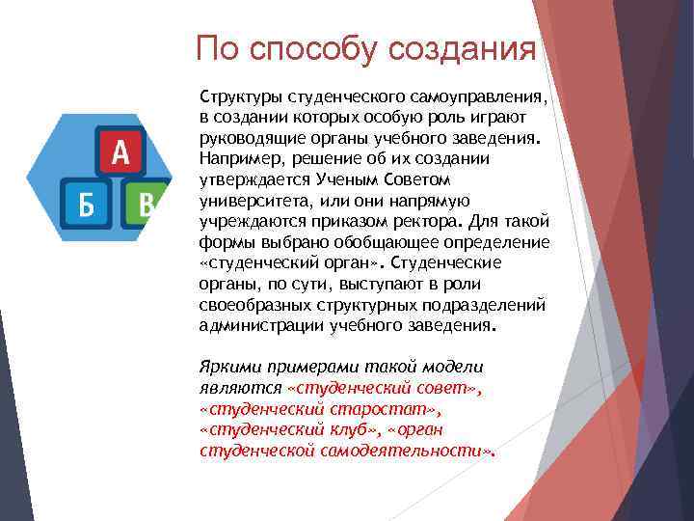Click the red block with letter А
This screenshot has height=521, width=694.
point(120,151)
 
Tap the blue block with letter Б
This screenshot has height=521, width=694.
point(87,204)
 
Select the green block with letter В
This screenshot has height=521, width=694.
point(144,204)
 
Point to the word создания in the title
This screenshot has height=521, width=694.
point(472,48)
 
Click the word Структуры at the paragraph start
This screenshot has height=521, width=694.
point(241,97)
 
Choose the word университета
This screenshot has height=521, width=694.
point(253,201)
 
